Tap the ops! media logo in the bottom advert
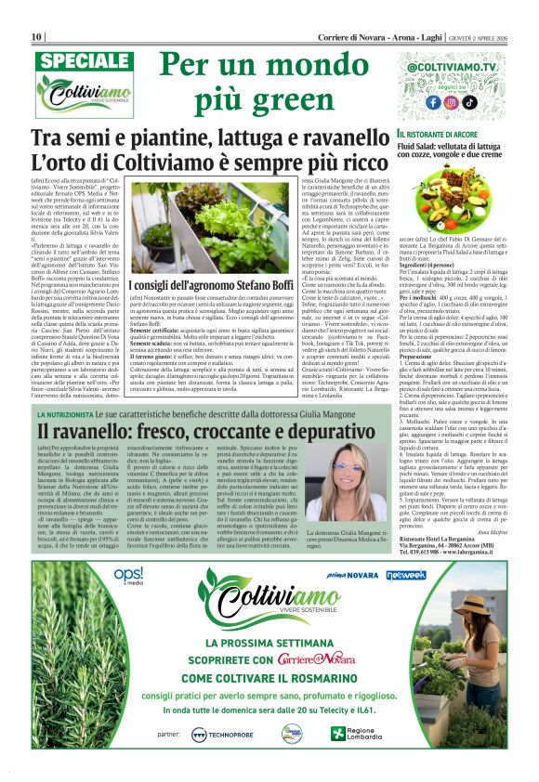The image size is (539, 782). click(x=127, y=576)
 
